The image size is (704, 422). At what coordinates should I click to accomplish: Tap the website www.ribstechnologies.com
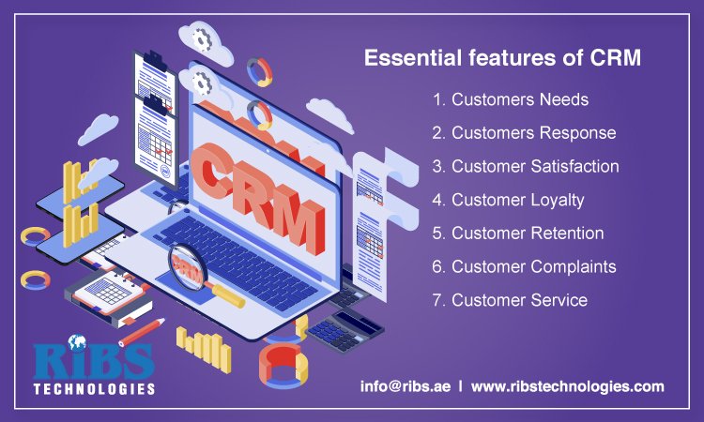567,386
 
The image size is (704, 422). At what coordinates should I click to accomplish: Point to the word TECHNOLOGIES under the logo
93,387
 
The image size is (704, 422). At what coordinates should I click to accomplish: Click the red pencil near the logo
142,331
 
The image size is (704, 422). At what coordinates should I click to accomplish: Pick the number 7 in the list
437,300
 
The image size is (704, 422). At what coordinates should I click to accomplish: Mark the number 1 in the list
437,99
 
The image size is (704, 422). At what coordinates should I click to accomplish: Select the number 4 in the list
437,200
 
